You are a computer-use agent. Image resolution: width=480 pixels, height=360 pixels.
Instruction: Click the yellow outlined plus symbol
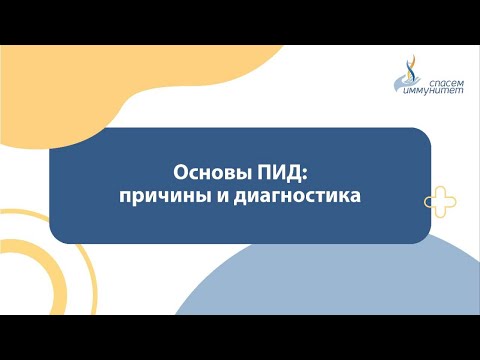click(x=440, y=202)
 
